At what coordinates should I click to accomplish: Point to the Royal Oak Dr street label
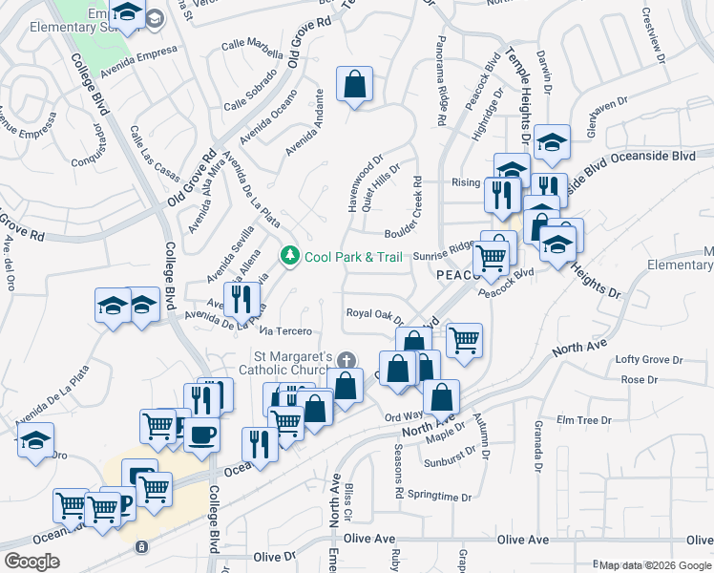point(375,314)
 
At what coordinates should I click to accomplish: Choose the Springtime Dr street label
point(439,498)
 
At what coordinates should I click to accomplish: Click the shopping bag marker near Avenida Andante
point(354,85)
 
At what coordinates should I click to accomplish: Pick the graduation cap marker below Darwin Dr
point(551,142)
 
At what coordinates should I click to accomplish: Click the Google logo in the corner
point(31,561)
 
